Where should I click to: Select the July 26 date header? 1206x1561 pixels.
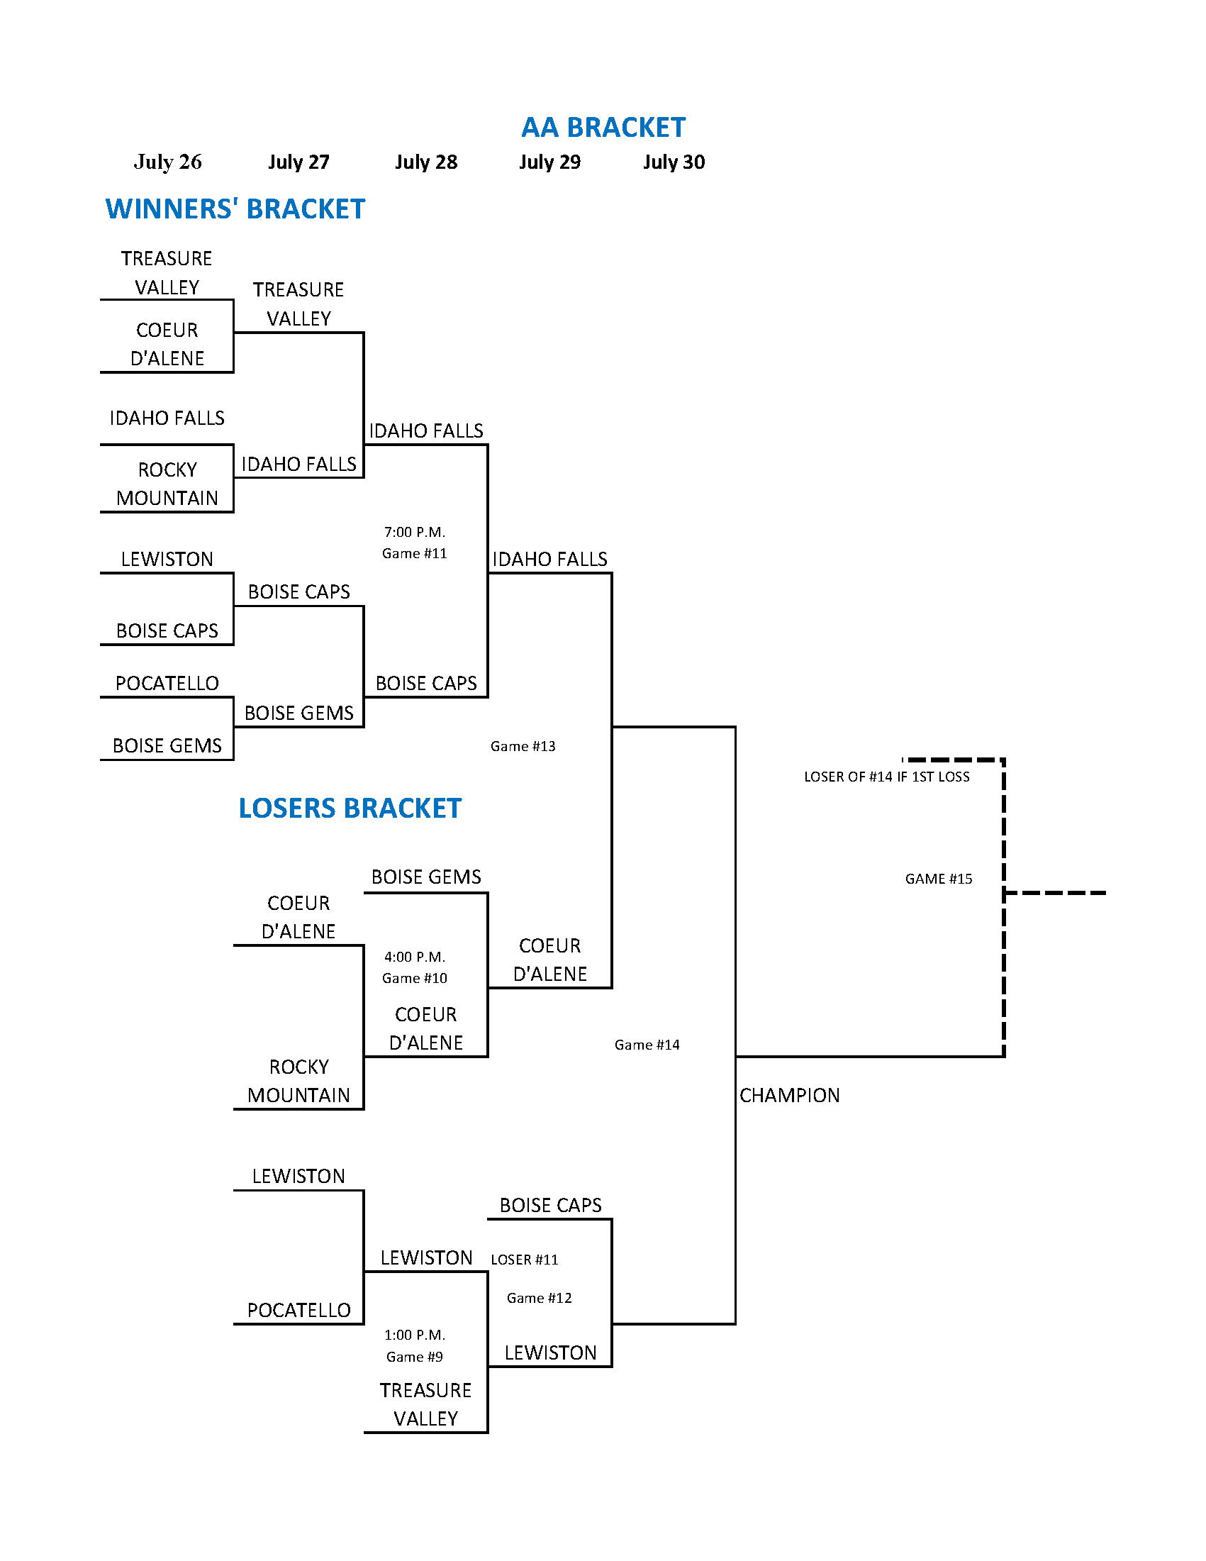(168, 162)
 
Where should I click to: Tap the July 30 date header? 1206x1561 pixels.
(674, 162)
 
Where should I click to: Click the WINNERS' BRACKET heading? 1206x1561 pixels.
(235, 209)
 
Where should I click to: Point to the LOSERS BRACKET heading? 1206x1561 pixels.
(350, 808)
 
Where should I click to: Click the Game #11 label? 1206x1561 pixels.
(414, 553)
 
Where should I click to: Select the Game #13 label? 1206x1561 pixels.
(523, 746)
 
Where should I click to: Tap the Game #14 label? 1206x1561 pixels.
(647, 1045)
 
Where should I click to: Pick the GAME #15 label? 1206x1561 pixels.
(939, 879)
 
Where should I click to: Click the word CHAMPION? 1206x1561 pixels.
(790, 1095)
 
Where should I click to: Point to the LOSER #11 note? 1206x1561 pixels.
(525, 1260)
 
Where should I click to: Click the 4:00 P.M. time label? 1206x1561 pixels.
(414, 957)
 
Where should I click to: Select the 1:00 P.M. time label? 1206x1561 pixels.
(414, 1335)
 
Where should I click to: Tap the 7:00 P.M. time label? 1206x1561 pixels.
(414, 533)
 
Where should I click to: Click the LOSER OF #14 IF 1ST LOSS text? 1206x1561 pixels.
(887, 777)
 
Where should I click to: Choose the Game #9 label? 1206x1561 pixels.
(414, 1357)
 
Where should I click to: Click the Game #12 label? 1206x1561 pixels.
(540, 1298)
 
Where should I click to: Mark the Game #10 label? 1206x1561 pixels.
(414, 978)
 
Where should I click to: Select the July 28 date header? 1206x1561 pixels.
(426, 162)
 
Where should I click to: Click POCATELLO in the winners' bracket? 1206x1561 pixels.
(167, 683)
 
